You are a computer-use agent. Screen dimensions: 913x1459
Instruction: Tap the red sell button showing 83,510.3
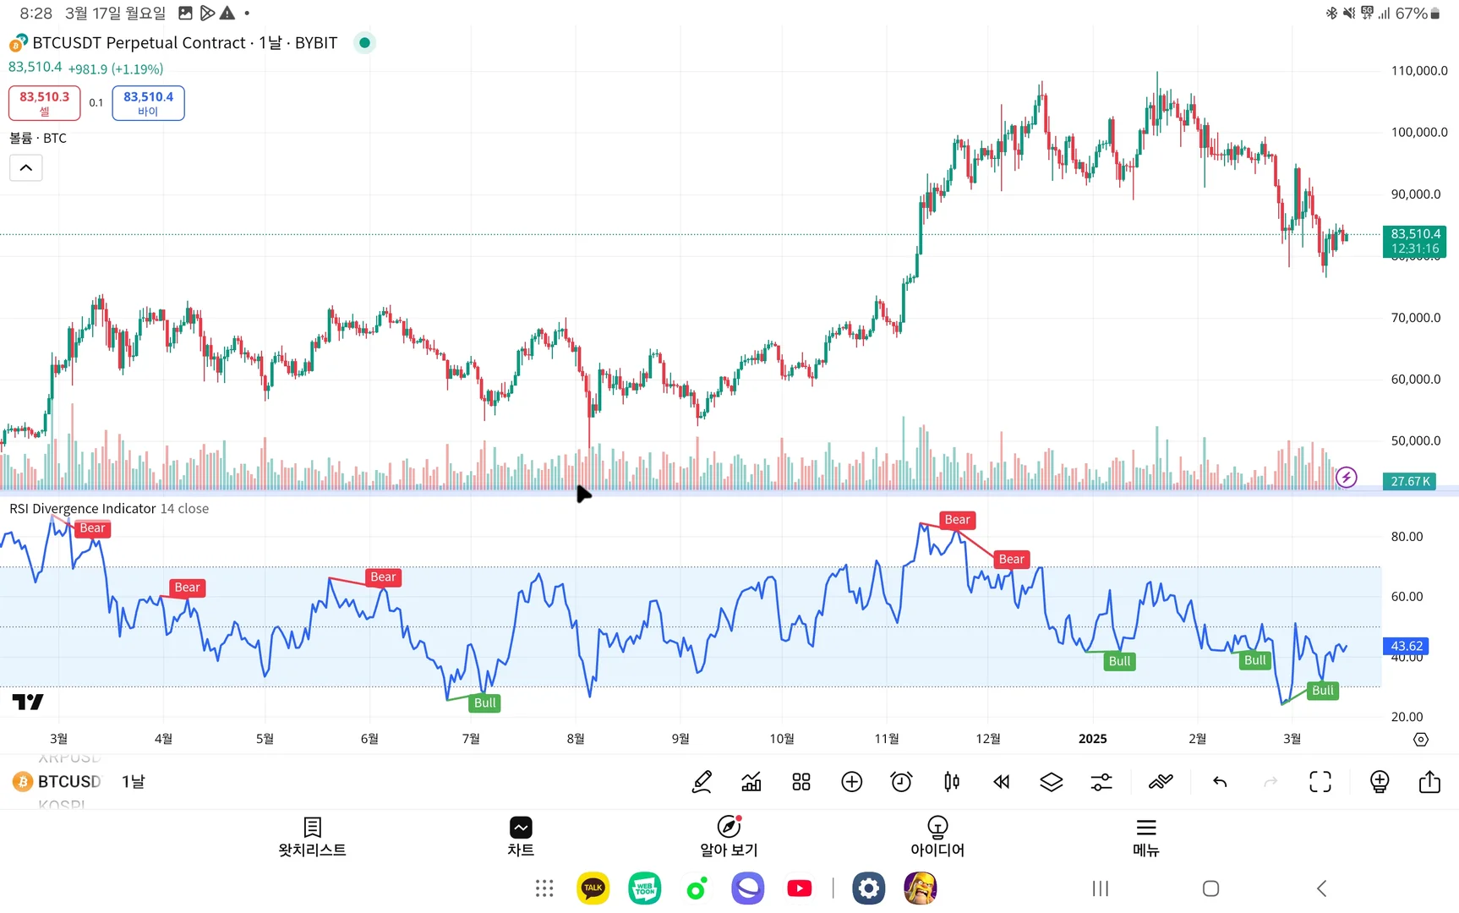[x=45, y=102]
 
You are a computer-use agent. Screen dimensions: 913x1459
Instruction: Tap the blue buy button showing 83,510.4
[x=148, y=102]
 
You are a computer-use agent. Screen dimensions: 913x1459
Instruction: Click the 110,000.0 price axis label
[x=1418, y=71]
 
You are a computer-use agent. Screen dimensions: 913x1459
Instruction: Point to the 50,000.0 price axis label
[x=1415, y=440]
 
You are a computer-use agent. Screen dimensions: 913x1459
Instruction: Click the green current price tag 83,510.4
[x=1415, y=241]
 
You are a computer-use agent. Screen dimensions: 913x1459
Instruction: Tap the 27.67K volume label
[x=1410, y=481]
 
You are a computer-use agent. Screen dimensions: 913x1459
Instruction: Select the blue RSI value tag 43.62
[x=1406, y=646]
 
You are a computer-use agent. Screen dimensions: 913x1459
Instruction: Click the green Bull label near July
[x=484, y=703]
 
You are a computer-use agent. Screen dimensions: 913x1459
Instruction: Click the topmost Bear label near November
[x=957, y=520]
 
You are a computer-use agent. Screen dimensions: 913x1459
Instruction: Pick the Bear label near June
[x=382, y=577]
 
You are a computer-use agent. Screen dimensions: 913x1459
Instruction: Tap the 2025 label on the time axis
[x=1092, y=739]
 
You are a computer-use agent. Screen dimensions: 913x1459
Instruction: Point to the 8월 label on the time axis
[x=576, y=739]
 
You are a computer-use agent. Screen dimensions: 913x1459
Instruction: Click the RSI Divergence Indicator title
[x=83, y=509]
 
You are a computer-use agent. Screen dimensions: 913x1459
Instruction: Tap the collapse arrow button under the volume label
[x=26, y=168]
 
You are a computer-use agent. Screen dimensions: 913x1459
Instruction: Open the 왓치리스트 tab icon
[x=312, y=827]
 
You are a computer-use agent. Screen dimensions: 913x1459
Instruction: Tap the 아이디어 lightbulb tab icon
[x=937, y=827]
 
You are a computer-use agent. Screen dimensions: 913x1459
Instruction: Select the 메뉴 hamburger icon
[x=1145, y=827]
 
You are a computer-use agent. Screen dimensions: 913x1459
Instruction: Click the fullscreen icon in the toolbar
[x=1320, y=782]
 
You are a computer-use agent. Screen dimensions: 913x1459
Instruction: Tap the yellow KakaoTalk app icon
[x=593, y=888]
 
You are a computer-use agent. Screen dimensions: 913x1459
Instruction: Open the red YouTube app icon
[x=799, y=888]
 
